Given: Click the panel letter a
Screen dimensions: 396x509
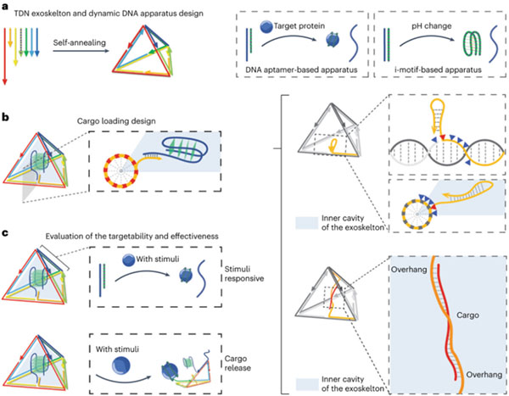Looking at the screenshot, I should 6,8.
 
